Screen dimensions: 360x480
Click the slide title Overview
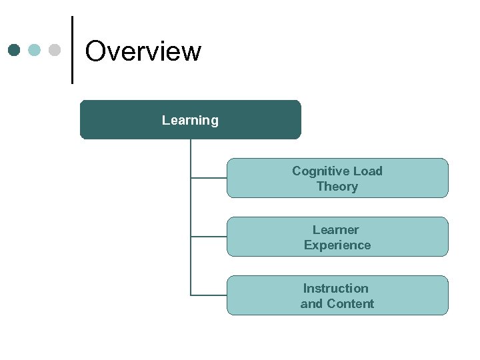coord(143,51)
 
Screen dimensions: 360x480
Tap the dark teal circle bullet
coord(15,50)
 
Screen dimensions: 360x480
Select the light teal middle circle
coord(35,50)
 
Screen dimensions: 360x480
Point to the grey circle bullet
coord(55,50)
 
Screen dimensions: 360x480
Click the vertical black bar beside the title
coord(72,50)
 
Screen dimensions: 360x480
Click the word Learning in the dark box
coord(190,121)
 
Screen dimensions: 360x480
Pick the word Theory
coord(337,187)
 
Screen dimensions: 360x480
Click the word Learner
coord(335,230)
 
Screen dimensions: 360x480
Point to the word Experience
coord(337,245)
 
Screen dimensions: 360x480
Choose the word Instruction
coord(335,289)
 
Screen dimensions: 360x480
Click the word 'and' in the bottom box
coord(311,304)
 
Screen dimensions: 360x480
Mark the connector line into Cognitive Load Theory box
coord(209,178)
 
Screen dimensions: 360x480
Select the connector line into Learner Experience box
coord(209,237)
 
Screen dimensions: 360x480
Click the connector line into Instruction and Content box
coord(209,295)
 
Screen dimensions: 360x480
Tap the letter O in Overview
coord(96,51)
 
